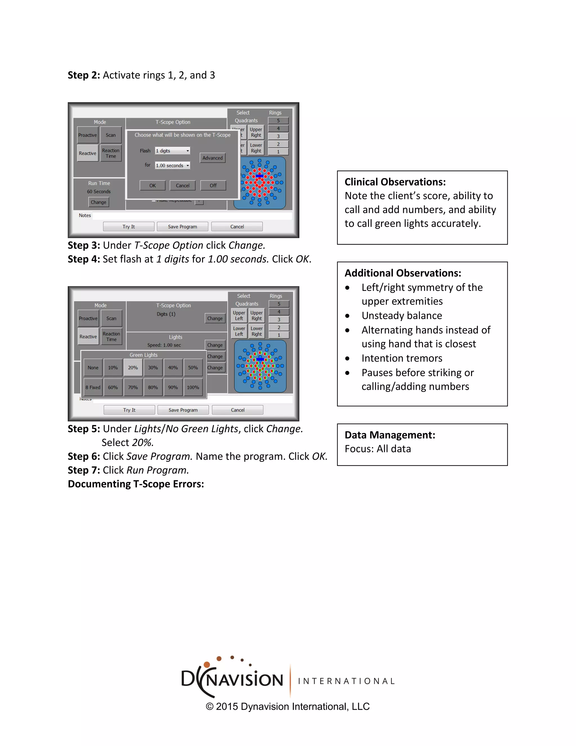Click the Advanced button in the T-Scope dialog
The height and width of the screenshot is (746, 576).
click(212, 158)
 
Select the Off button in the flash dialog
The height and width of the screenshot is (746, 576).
click(213, 186)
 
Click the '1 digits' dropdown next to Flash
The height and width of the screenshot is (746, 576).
click(173, 151)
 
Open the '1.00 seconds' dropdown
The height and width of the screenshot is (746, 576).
click(173, 166)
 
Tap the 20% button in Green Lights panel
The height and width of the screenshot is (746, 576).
click(133, 368)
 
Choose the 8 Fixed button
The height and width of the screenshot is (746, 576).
click(93, 387)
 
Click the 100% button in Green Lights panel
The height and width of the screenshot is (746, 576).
click(193, 387)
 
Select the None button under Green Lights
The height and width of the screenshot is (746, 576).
click(93, 368)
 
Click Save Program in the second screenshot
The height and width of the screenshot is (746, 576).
click(183, 410)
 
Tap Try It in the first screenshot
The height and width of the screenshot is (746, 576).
click(129, 226)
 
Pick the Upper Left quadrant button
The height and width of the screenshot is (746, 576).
click(239, 316)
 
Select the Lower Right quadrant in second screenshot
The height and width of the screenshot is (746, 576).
click(256, 331)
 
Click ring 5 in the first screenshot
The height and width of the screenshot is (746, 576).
click(278, 120)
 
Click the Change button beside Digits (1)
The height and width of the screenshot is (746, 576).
click(215, 318)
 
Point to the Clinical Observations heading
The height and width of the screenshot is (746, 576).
click(395, 182)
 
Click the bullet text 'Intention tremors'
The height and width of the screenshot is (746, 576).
click(402, 358)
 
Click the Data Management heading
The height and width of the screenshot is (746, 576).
click(390, 435)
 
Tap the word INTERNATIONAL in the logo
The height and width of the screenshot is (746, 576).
click(346, 681)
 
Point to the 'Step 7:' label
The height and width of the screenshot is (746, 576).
click(84, 470)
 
